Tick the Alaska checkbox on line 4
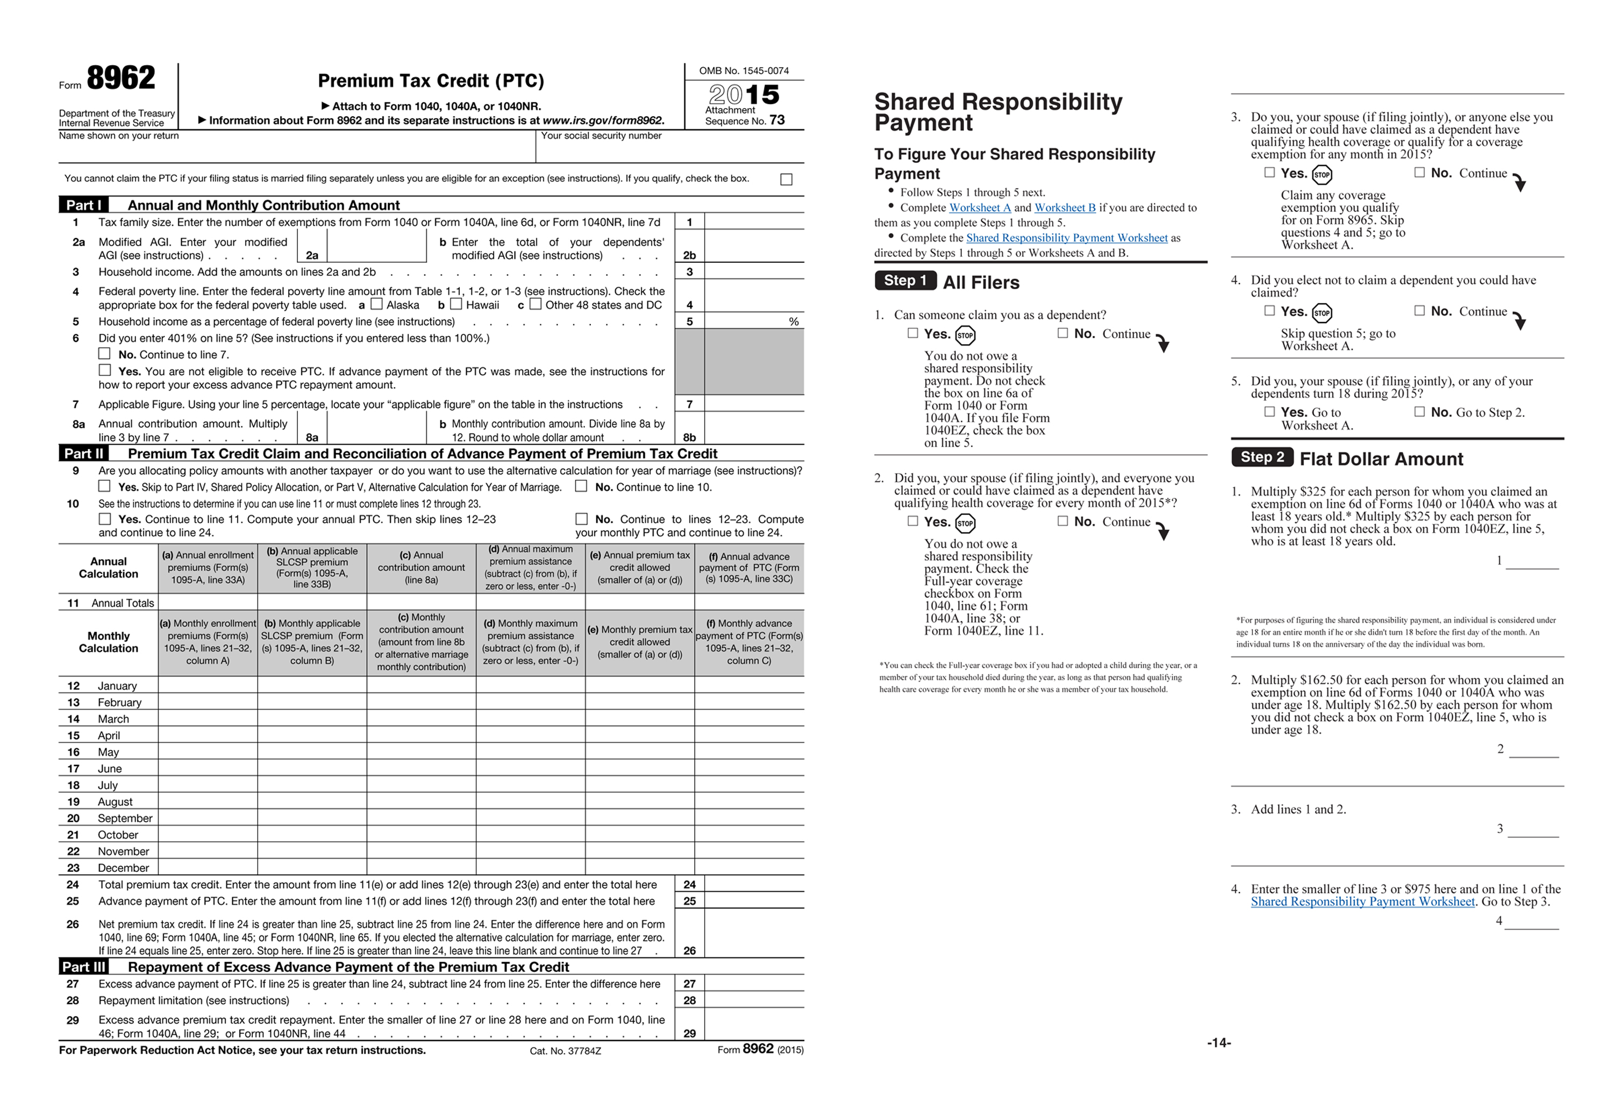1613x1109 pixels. [377, 304]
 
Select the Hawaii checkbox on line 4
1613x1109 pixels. [456, 304]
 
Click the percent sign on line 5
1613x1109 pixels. [793, 321]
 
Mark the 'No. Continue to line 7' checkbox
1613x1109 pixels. [105, 354]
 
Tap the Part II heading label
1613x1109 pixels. [83, 454]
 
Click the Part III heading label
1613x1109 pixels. [83, 967]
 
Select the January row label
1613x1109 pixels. [117, 686]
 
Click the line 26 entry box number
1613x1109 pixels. [689, 950]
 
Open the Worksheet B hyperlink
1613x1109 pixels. [1065, 208]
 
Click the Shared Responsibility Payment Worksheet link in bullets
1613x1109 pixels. [1066, 238]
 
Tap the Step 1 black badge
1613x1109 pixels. [905, 281]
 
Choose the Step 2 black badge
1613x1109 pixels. [1262, 457]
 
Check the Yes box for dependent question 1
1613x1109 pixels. [912, 333]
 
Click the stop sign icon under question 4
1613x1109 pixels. [1322, 313]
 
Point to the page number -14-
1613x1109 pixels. [1219, 1042]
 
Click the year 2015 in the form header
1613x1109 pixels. [744, 95]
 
